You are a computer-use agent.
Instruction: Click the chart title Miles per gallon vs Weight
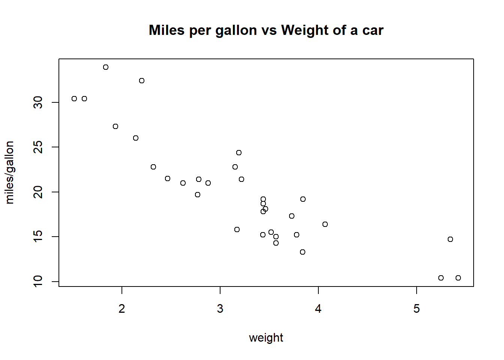click(266, 30)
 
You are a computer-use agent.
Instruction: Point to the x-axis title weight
click(266, 337)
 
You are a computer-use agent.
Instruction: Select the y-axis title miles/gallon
click(10, 172)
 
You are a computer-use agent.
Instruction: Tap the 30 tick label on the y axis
click(38, 102)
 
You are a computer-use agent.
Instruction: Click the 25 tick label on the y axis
click(38, 147)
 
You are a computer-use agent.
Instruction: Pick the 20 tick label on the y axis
click(38, 192)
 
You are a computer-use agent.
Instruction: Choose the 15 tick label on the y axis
click(38, 237)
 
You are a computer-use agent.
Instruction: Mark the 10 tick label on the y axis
click(38, 281)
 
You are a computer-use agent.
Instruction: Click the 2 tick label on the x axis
click(122, 309)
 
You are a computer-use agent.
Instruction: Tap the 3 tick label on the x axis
click(220, 309)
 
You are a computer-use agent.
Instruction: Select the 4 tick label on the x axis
click(318, 309)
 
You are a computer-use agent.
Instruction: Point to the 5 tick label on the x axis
click(417, 309)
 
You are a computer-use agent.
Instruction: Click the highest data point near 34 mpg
click(106, 67)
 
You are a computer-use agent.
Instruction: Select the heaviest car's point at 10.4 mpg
click(458, 278)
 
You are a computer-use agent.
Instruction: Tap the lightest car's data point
click(74, 99)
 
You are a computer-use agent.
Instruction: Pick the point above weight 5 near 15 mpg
click(450, 239)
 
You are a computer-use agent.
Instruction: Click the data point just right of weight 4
click(325, 224)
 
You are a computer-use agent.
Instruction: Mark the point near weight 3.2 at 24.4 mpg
click(239, 153)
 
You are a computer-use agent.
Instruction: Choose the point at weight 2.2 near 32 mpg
click(142, 81)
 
